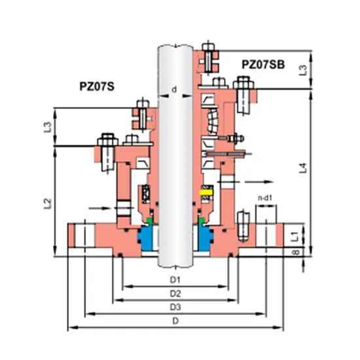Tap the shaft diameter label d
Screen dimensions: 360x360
click(x=173, y=89)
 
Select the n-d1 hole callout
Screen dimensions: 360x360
click(x=264, y=195)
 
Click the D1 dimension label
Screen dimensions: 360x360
click(x=175, y=280)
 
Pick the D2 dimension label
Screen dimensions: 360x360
click(x=175, y=293)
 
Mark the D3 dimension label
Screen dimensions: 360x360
click(x=175, y=306)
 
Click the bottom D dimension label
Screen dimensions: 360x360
click(x=175, y=320)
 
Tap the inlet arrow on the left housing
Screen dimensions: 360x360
click(x=96, y=209)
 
